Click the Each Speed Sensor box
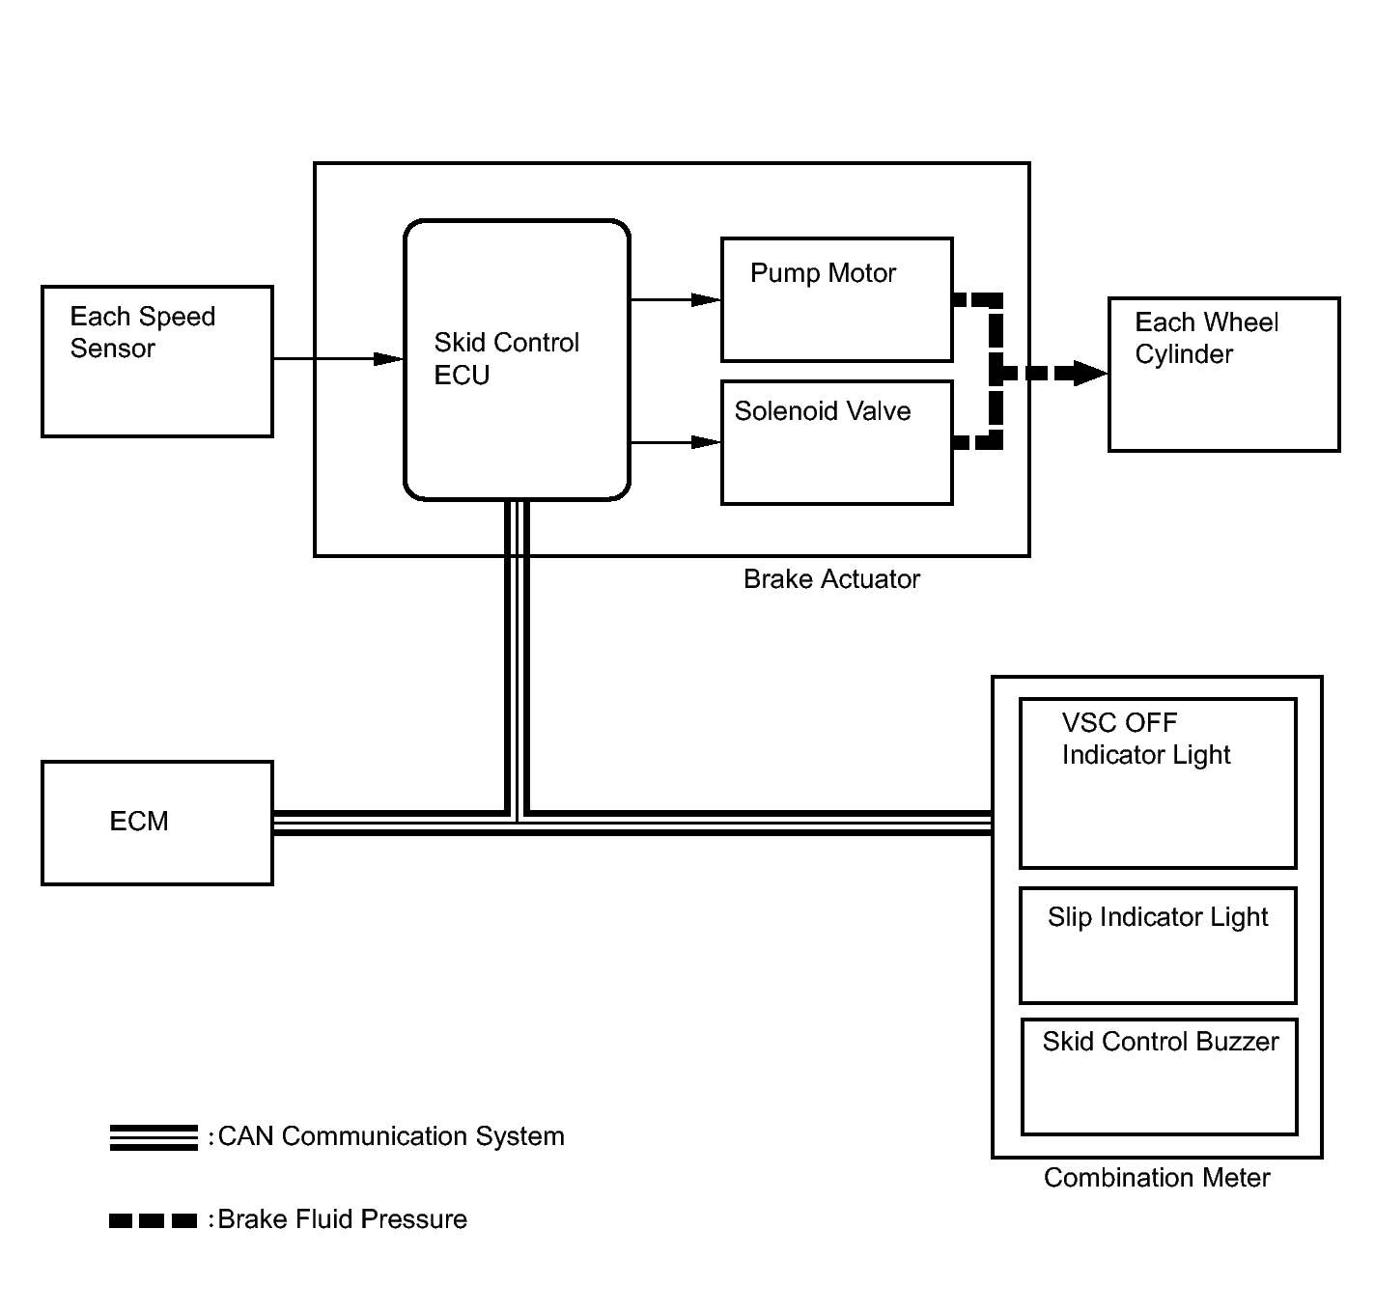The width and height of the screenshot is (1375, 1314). pyautogui.click(x=156, y=361)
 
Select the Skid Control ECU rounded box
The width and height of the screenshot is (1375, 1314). pyautogui.click(x=517, y=359)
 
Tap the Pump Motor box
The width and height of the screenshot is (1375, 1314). pyautogui.click(x=836, y=299)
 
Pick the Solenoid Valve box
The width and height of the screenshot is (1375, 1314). pyautogui.click(x=836, y=442)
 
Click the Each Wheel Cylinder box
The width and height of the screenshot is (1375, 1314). pyautogui.click(x=1223, y=375)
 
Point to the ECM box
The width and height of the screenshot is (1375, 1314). pyautogui.click(x=156, y=823)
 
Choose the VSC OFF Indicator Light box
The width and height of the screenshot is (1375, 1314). pyautogui.click(x=1158, y=783)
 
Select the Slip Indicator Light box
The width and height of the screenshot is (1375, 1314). pyautogui.click(x=1158, y=945)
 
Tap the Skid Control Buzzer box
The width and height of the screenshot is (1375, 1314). pyautogui.click(x=1159, y=1076)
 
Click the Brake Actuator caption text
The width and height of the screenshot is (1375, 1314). pyautogui.click(x=831, y=579)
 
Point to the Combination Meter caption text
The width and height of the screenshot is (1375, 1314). pyautogui.click(x=1157, y=1178)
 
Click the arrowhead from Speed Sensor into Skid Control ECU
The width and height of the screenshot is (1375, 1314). pyautogui.click(x=388, y=359)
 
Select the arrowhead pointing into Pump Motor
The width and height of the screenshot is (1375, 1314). pyautogui.click(x=706, y=299)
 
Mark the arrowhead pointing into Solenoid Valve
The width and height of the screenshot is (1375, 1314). pyautogui.click(x=706, y=442)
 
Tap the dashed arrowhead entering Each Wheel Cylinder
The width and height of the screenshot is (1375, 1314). pyautogui.click(x=1091, y=373)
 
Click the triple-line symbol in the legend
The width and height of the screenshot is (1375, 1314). pyautogui.click(x=154, y=1137)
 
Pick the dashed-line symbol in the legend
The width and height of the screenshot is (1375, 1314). pyautogui.click(x=153, y=1220)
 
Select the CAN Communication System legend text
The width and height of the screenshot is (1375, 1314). pyautogui.click(x=391, y=1136)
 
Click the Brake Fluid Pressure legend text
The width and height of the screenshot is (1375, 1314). pyautogui.click(x=342, y=1220)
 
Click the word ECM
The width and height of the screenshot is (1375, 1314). pyautogui.click(x=138, y=821)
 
